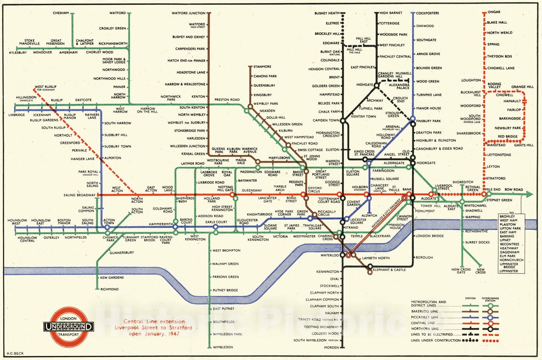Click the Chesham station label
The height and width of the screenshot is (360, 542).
61,13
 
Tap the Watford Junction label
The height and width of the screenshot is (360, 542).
188,13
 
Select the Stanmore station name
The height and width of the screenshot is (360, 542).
262,67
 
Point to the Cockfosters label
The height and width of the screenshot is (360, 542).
428,13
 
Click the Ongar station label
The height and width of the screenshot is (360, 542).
494,12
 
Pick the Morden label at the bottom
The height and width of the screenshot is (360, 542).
331,347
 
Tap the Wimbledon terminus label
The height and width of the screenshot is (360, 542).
223,347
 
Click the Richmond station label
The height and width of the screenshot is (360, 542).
109,289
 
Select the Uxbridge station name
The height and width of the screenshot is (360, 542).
17,115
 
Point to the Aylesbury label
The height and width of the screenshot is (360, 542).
18,53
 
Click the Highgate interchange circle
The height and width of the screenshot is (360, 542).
376,86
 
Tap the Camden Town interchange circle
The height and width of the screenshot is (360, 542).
343,120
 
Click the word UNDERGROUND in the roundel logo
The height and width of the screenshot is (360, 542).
68,327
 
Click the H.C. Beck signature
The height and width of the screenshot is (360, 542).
15,353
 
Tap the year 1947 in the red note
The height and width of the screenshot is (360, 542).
172,334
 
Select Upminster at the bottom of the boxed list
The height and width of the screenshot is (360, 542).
508,271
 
